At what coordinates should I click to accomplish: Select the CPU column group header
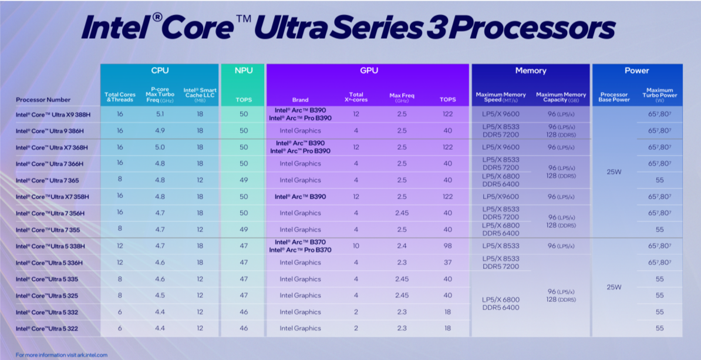click(160, 70)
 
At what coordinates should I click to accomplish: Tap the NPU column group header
click(244, 70)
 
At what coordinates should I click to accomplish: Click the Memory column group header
click(531, 70)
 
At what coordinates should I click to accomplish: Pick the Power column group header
click(637, 70)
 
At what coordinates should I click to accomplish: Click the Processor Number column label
click(43, 100)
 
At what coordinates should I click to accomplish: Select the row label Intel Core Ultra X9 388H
click(53, 115)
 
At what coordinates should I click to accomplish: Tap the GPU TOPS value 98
click(448, 246)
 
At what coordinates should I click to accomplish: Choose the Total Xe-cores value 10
click(356, 246)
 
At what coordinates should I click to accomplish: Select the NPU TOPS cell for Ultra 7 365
click(244, 180)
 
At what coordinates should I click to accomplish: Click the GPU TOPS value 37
click(448, 263)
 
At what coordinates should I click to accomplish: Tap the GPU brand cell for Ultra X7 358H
click(300, 197)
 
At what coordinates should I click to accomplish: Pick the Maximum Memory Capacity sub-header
click(561, 97)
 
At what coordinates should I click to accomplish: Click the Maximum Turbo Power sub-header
click(660, 95)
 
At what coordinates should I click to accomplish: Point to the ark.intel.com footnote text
click(62, 355)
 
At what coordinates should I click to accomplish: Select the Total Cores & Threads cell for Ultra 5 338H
click(119, 246)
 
